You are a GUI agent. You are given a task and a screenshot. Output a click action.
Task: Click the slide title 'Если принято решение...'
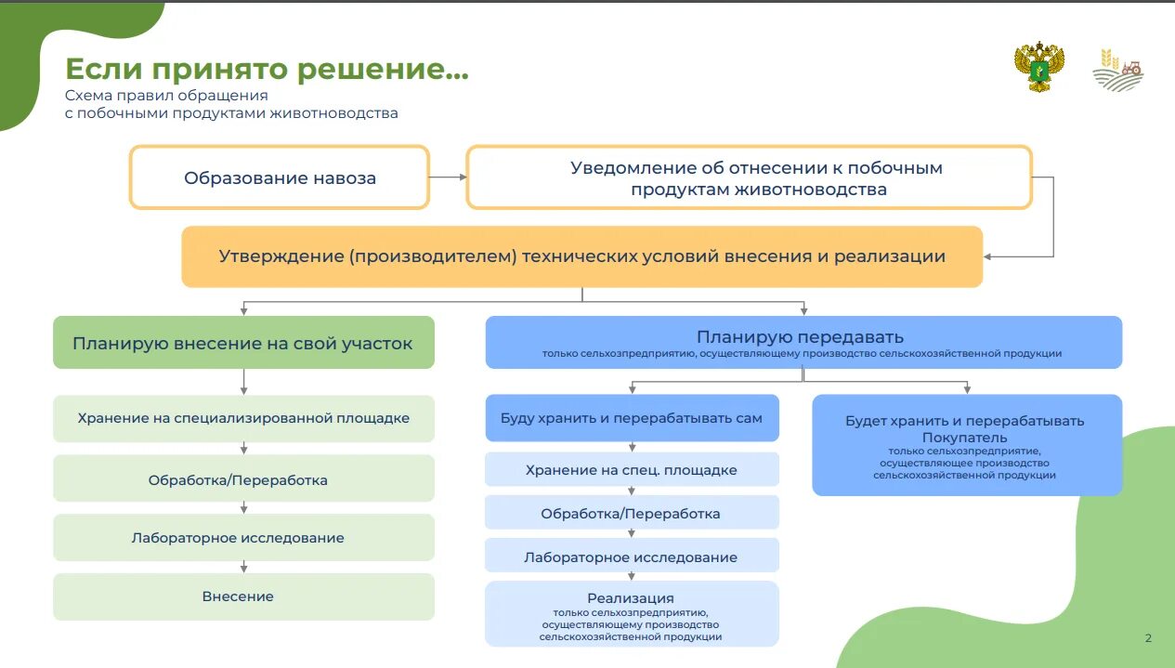[267, 69]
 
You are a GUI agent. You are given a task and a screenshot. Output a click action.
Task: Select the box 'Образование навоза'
[280, 177]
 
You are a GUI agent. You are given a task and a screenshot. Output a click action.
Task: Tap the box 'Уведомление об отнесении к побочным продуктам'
[749, 177]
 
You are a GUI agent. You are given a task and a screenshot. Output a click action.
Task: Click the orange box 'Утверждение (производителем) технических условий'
[581, 256]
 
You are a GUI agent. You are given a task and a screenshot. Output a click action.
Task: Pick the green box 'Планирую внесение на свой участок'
[243, 343]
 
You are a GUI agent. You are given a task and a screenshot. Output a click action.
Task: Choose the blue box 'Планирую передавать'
[803, 342]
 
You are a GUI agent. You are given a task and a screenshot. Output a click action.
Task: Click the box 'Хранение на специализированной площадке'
[243, 418]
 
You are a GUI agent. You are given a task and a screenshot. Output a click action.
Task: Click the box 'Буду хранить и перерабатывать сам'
[632, 418]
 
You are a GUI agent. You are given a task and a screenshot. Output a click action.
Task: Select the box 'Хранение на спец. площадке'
[632, 470]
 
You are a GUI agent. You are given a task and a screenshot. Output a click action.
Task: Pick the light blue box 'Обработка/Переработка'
[632, 513]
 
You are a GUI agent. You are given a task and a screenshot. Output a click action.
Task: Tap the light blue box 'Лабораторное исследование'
[632, 557]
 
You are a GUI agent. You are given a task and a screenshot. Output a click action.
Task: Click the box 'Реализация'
[632, 613]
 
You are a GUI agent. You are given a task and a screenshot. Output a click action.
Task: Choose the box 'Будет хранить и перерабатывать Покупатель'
[967, 445]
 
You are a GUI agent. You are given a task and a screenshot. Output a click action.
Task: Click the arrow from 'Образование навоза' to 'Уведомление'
[448, 177]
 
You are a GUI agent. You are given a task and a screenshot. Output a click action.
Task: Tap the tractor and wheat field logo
[1118, 69]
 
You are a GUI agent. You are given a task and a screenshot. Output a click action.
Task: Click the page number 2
[1148, 638]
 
